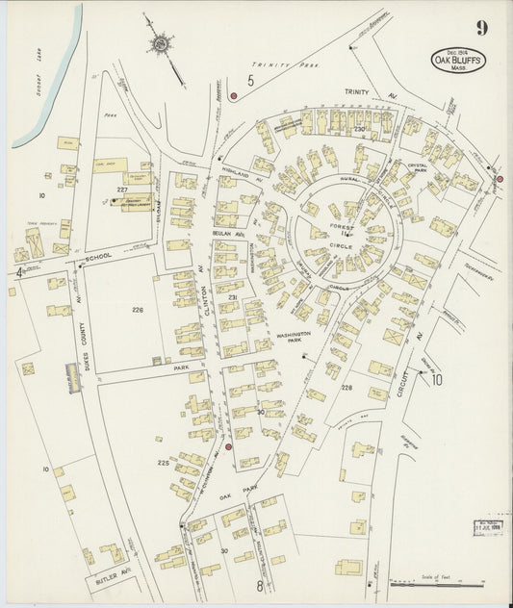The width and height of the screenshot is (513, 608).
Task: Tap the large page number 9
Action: (480, 27)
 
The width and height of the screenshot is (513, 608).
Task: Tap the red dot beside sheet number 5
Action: (233, 96)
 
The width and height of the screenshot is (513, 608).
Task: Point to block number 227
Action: (122, 190)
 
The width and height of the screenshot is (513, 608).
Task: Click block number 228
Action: (346, 388)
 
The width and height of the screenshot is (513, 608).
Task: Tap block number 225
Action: (164, 463)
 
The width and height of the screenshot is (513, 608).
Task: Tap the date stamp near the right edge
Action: (492, 528)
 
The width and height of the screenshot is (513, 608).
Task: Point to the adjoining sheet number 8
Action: (259, 585)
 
